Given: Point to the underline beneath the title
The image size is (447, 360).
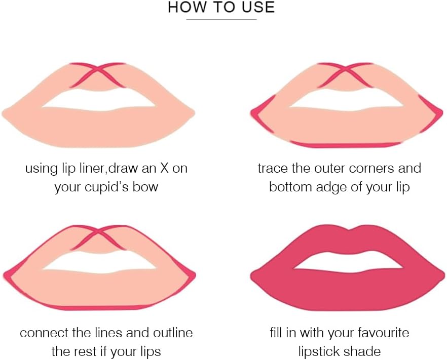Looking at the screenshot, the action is tap(221, 20).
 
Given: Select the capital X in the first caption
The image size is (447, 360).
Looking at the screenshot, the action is tap(165, 168).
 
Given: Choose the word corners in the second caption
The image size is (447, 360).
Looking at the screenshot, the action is tap(372, 168).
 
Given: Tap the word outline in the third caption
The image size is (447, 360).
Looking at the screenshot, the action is tap(173, 332).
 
